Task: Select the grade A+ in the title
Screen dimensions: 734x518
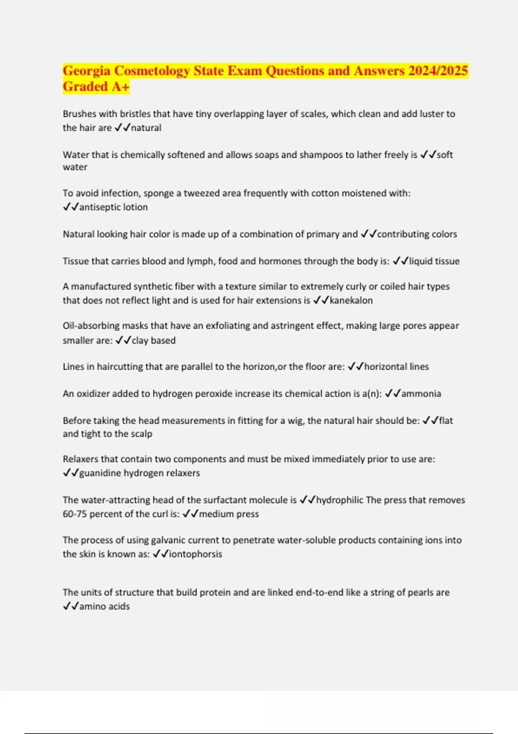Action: point(120,87)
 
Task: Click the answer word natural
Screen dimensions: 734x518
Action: point(146,128)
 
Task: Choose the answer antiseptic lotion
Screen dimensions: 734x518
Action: point(113,207)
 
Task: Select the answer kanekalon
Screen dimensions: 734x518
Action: point(351,301)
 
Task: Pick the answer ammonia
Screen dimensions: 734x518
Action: point(421,394)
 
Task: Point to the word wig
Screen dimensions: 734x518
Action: point(297,421)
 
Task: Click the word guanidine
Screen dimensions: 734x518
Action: point(100,473)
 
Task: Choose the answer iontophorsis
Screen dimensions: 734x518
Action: point(195,554)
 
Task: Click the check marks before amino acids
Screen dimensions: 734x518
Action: point(70,606)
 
